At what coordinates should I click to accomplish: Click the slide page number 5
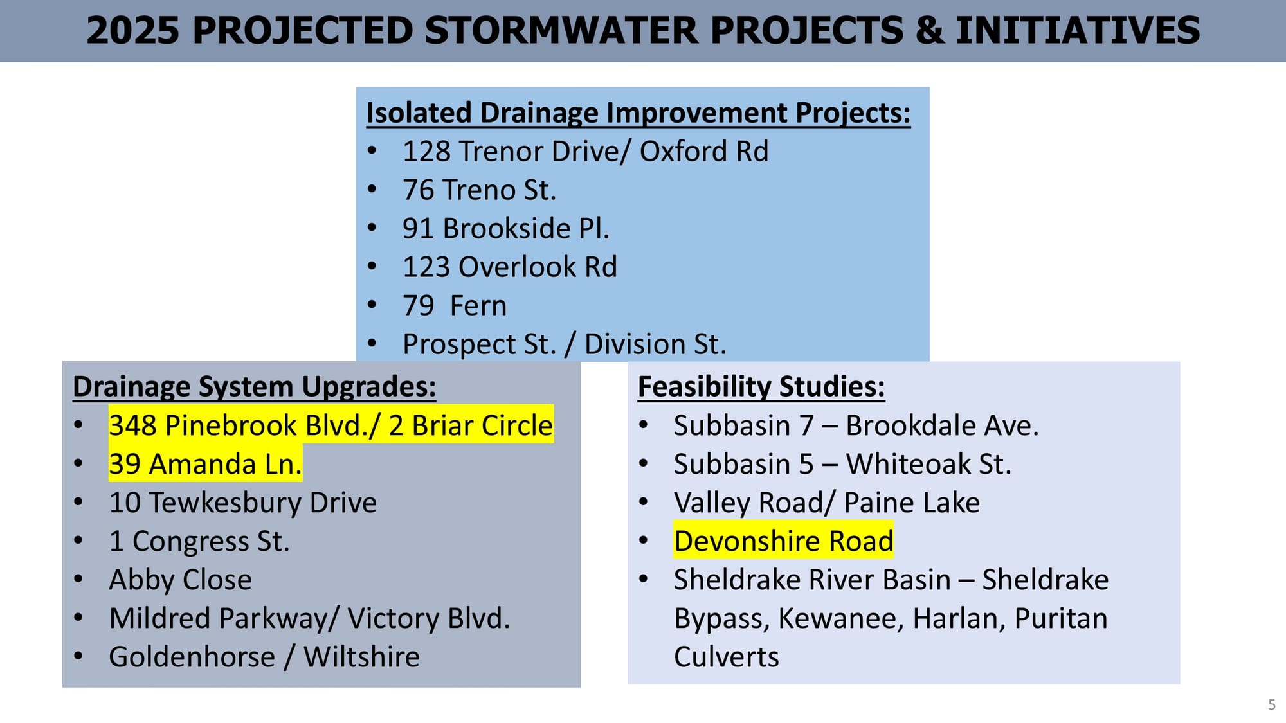coord(1271,704)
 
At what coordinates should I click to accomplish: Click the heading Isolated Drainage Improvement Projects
coord(638,113)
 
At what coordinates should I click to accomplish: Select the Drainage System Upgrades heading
coord(255,387)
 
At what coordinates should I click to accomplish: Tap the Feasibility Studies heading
coord(761,387)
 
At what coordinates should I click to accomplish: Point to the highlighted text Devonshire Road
coord(784,541)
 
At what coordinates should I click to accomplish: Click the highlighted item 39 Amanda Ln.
coord(205,464)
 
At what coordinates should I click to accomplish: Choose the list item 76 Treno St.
coord(479,190)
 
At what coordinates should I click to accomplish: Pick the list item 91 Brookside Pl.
coord(506,229)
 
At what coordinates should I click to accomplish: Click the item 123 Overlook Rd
coord(510,267)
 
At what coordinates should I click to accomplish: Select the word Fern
coord(478,306)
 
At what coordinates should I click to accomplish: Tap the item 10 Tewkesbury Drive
coord(243,503)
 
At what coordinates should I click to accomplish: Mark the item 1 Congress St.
coord(199,541)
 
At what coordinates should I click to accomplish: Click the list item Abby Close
coord(181,580)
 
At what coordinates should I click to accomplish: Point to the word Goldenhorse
coord(192,657)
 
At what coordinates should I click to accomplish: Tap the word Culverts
coord(727,657)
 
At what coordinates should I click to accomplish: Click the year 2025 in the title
coord(132,31)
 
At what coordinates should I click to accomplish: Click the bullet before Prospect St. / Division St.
coord(372,343)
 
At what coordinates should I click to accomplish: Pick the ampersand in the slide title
coord(930,31)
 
